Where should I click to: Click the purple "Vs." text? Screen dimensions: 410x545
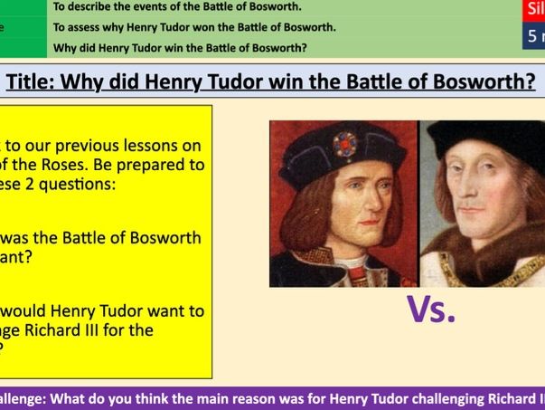coord(431,310)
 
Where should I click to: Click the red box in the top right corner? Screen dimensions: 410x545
coord(534,10)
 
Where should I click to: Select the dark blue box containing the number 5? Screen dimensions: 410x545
coord(534,37)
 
